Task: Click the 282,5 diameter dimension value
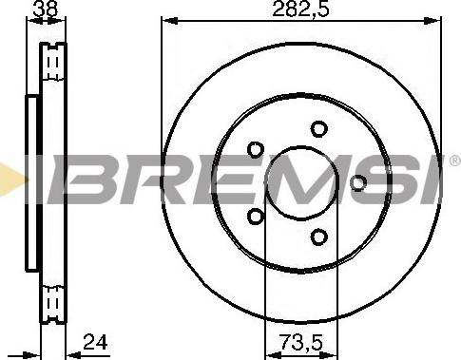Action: click(x=300, y=9)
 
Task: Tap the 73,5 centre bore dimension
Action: click(x=300, y=343)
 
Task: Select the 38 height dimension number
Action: click(x=47, y=9)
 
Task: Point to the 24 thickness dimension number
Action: click(x=95, y=342)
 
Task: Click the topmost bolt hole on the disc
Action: click(x=318, y=129)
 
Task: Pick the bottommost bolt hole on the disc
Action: click(x=318, y=237)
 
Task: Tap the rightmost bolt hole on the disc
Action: click(x=358, y=183)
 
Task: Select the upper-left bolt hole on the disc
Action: click(x=256, y=150)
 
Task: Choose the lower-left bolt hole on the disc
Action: click(x=256, y=217)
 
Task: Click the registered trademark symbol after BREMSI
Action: click(x=455, y=161)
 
